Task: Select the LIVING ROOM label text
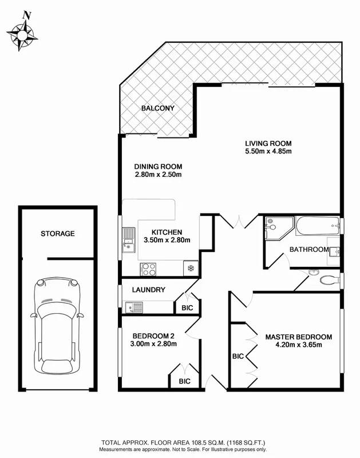coord(268,143)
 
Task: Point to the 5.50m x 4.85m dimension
coord(268,152)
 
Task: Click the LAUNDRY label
coord(149,290)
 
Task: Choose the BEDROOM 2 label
coord(153,335)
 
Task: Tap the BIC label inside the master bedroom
coord(238,356)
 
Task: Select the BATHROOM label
coord(308,250)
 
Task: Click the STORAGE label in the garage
coord(57,234)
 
